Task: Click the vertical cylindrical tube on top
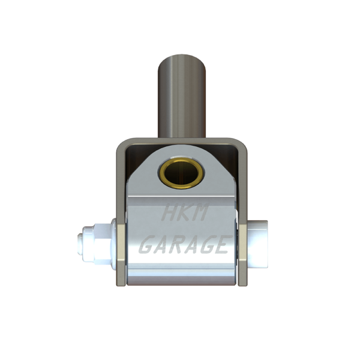(x=182, y=96)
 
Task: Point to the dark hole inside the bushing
(x=182, y=173)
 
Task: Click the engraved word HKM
(x=185, y=212)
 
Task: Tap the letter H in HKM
(x=169, y=212)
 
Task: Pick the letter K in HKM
(x=184, y=212)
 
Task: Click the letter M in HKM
(x=200, y=212)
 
